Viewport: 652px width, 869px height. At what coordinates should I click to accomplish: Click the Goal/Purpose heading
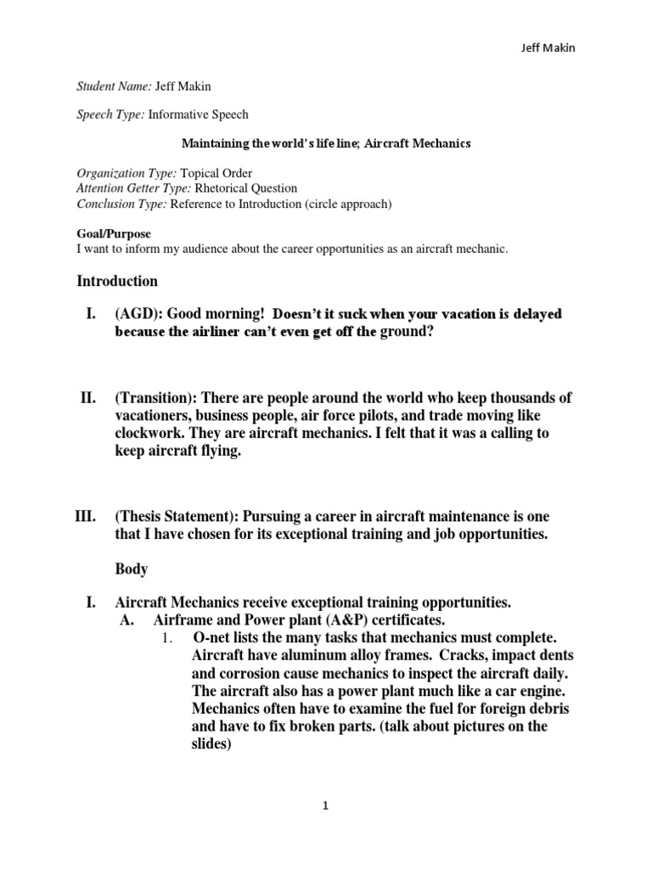[112, 233]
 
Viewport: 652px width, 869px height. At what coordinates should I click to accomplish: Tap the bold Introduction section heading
[117, 280]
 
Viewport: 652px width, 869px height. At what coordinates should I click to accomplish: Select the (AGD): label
[139, 314]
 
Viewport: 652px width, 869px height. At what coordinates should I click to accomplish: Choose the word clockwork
[149, 433]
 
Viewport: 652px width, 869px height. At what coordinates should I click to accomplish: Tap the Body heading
[131, 569]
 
